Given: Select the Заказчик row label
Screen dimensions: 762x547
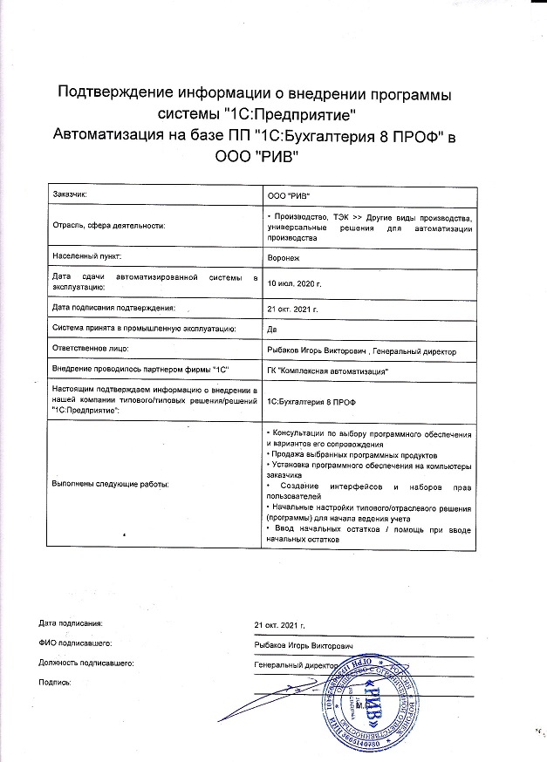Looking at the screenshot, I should pos(71,196).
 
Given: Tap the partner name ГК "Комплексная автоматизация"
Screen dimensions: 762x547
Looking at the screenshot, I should pos(327,371).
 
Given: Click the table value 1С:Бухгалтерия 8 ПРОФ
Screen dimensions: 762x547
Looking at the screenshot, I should pos(311,399).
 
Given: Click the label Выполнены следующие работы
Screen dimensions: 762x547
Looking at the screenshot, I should pos(111,482).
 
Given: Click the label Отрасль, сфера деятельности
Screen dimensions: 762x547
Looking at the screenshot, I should pos(107,225).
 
